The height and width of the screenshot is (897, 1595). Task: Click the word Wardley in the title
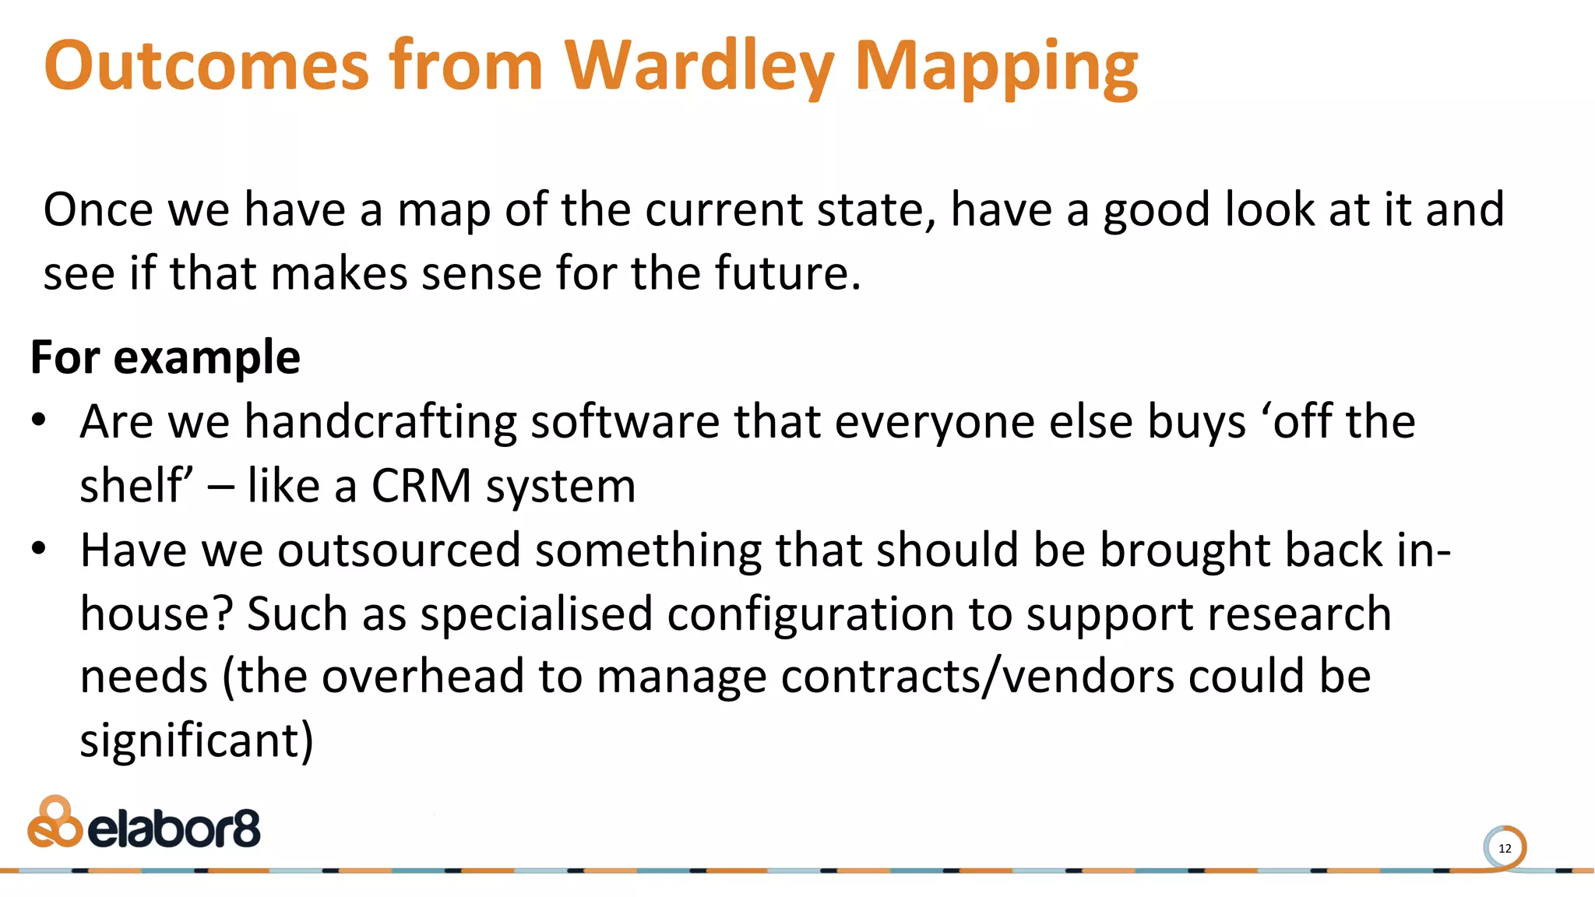699,65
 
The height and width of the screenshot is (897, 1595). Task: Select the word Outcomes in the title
206,65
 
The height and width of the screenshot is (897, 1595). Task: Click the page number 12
1505,849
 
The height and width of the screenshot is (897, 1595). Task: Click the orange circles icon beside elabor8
55,822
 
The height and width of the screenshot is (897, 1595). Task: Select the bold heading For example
165,357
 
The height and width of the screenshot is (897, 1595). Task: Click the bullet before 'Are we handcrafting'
39,420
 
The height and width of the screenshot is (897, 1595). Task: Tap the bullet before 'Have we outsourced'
39,549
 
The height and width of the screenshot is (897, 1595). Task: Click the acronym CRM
421,486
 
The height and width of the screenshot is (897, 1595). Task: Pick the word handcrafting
381,422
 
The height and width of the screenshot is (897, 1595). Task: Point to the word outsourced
399,550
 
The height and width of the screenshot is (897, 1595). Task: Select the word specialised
536,614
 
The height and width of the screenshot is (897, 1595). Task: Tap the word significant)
196,740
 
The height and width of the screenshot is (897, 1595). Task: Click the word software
625,422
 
